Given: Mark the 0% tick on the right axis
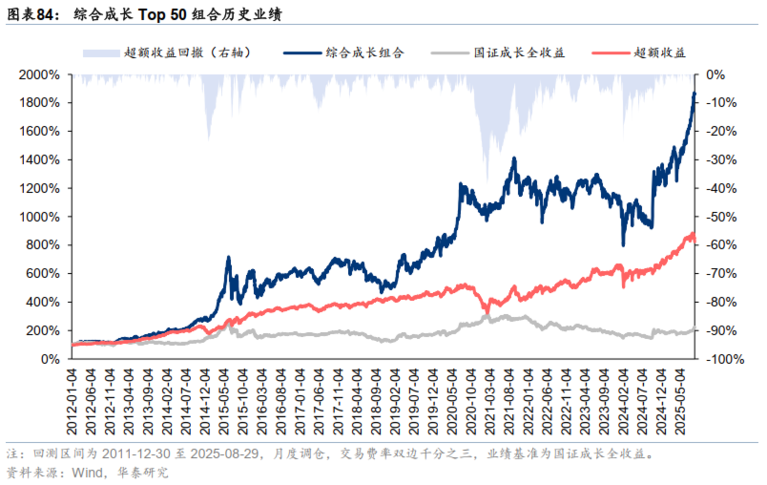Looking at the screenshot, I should (715, 74).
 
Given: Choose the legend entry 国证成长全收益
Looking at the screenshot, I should (520, 53).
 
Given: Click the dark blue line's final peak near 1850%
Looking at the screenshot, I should (694, 93).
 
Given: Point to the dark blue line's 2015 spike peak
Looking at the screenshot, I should (229, 257).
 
